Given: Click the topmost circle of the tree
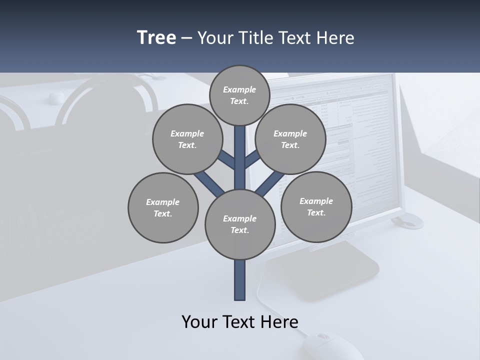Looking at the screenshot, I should point(239,95).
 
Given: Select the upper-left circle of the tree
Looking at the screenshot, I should point(187,139).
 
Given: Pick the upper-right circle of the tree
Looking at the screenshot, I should point(290,139).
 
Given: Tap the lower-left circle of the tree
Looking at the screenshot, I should point(163,207).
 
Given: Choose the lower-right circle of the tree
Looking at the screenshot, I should point(316,206).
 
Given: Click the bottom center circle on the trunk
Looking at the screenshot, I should point(240,224).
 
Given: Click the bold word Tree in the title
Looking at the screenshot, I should point(156,37).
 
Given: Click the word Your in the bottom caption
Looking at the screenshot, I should point(199,321).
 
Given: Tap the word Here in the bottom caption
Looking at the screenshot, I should point(279,321).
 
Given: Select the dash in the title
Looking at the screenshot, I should point(186,38).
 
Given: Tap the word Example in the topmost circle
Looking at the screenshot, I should point(239,89).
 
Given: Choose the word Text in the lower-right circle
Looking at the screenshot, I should point(316,212).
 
